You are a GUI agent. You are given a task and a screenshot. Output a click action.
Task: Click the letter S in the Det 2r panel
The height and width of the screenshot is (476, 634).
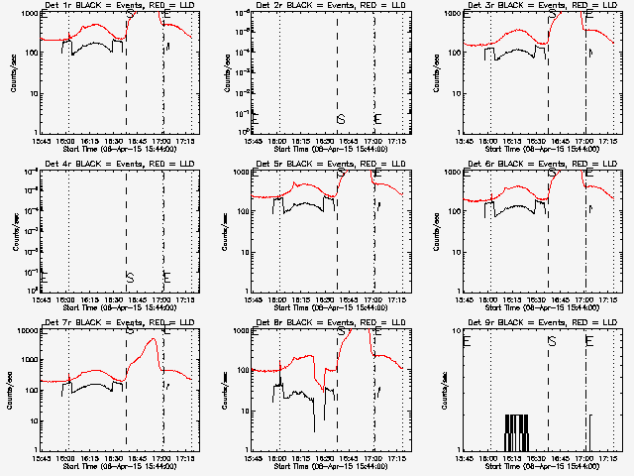[340, 119]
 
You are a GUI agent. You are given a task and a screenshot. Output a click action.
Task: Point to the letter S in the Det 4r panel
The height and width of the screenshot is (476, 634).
[129, 277]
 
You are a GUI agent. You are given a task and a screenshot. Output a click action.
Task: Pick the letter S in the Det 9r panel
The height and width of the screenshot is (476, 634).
[552, 341]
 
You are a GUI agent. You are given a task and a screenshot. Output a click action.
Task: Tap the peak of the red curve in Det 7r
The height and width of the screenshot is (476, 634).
[152, 340]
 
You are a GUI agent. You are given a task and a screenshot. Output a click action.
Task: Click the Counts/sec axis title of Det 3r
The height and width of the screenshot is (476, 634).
[436, 73]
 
